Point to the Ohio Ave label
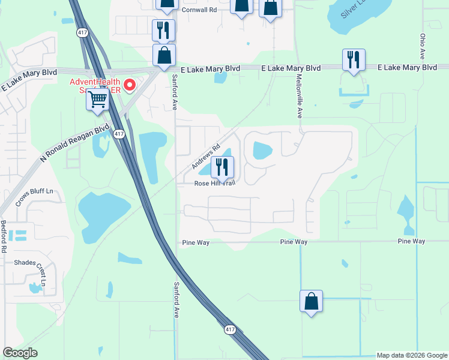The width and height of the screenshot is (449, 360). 423,46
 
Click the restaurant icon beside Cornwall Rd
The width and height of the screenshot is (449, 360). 163,29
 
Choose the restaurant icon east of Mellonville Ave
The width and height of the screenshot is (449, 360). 353,59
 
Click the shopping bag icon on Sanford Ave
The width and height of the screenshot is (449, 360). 164,55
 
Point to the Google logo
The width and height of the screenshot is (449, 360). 20,353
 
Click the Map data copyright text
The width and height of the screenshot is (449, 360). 412,355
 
